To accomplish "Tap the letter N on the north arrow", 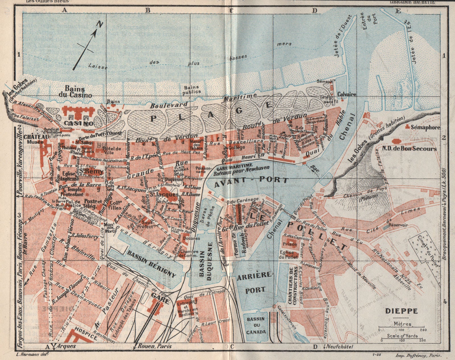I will click(99, 24).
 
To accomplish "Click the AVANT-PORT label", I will click(251, 180).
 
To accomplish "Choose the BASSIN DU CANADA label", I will click(256, 325).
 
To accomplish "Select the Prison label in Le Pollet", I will click(290, 244).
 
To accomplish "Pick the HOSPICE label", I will click(86, 337).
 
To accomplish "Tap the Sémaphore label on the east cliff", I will click(425, 128).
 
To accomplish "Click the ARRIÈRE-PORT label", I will click(255, 282).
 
